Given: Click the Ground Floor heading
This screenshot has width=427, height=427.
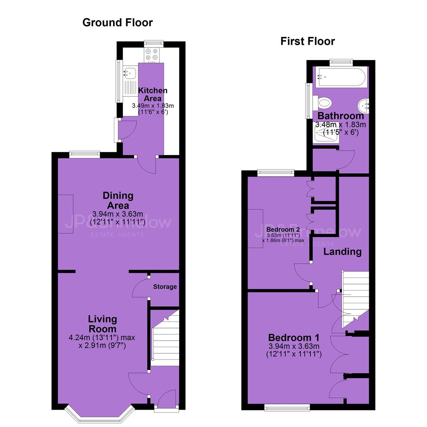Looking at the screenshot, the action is click(x=117, y=23).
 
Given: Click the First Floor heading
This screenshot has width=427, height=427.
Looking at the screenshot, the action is click(x=308, y=42).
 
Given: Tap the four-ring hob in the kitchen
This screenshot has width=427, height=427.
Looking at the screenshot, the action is click(x=151, y=55).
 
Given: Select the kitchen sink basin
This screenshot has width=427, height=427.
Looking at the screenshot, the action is click(x=130, y=72).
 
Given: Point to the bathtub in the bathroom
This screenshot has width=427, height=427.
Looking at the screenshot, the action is click(x=340, y=77).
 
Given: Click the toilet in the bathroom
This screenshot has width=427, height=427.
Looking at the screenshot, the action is click(x=322, y=103).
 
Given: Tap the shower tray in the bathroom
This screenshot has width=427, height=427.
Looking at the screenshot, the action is click(x=326, y=132).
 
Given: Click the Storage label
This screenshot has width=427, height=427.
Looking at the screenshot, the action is click(x=165, y=287).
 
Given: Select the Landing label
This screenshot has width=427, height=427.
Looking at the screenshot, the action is click(x=342, y=251).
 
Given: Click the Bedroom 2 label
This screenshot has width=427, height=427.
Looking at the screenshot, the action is click(x=283, y=230).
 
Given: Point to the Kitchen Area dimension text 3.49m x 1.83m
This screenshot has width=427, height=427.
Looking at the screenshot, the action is click(x=153, y=106).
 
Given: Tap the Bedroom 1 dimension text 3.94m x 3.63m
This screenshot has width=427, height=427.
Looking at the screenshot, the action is click(x=294, y=346).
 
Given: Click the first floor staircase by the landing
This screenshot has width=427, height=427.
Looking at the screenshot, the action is click(x=355, y=299).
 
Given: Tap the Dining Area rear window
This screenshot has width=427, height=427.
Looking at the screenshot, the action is click(x=85, y=155).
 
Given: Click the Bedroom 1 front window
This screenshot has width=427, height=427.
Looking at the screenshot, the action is click(x=287, y=407).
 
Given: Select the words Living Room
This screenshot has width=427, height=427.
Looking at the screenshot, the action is click(x=103, y=324).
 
